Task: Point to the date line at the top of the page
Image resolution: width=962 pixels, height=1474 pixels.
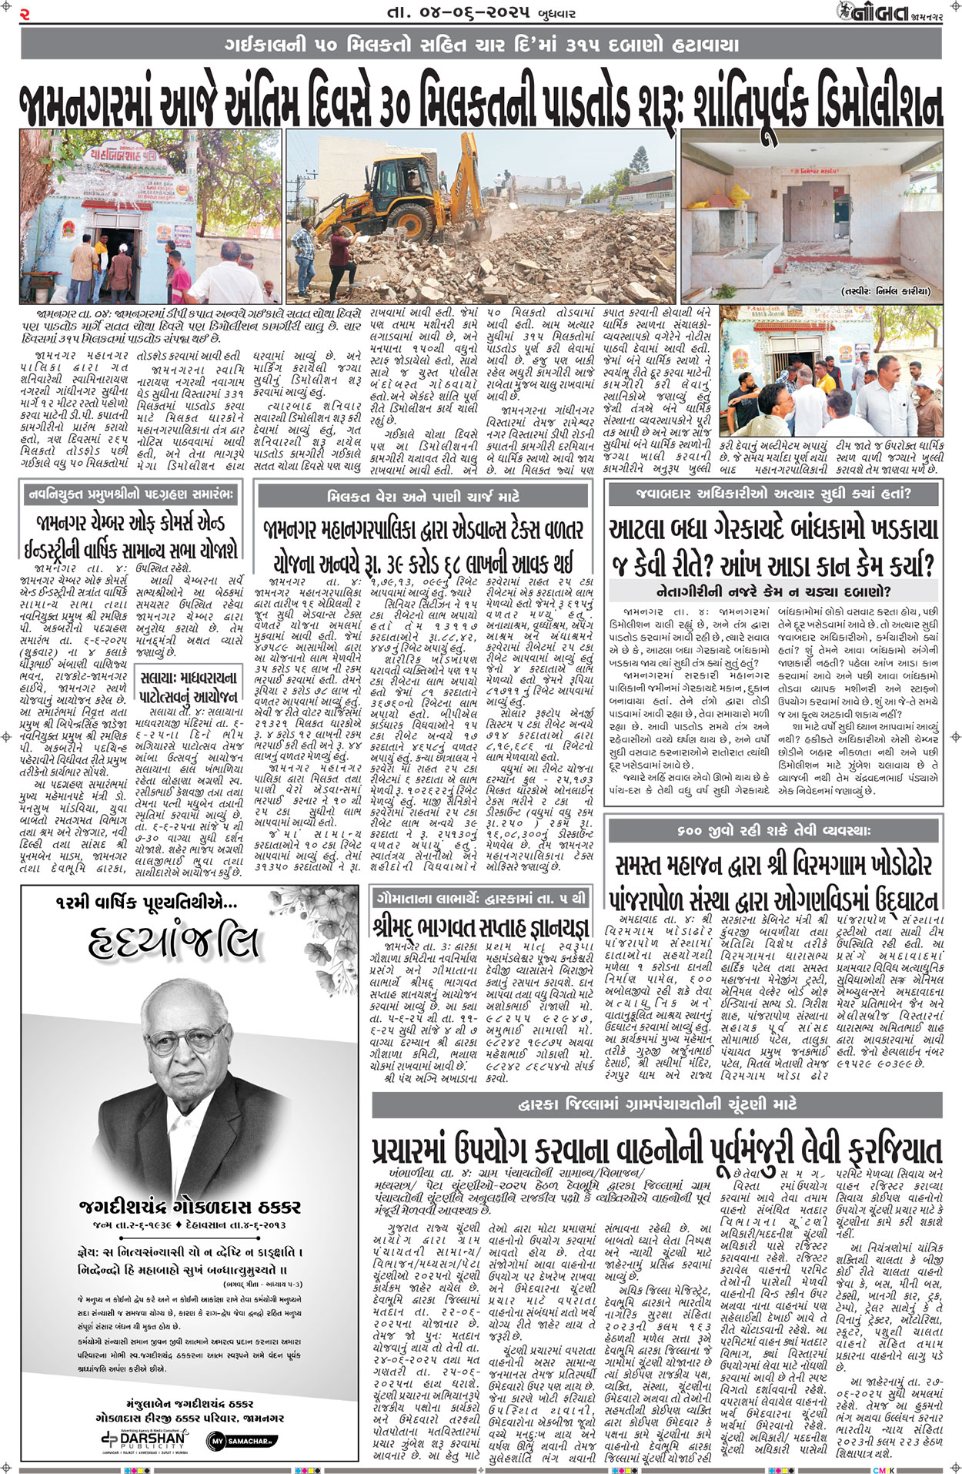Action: point(480,13)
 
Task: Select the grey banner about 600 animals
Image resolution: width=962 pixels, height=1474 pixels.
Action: point(774,832)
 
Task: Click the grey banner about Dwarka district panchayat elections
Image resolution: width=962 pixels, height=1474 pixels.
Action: point(657,1104)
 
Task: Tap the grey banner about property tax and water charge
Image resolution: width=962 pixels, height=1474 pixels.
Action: point(423,497)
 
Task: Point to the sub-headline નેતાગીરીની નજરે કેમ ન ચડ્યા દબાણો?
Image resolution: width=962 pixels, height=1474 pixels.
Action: point(774,591)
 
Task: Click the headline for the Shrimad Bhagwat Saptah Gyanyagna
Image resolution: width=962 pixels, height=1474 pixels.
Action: point(480,926)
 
